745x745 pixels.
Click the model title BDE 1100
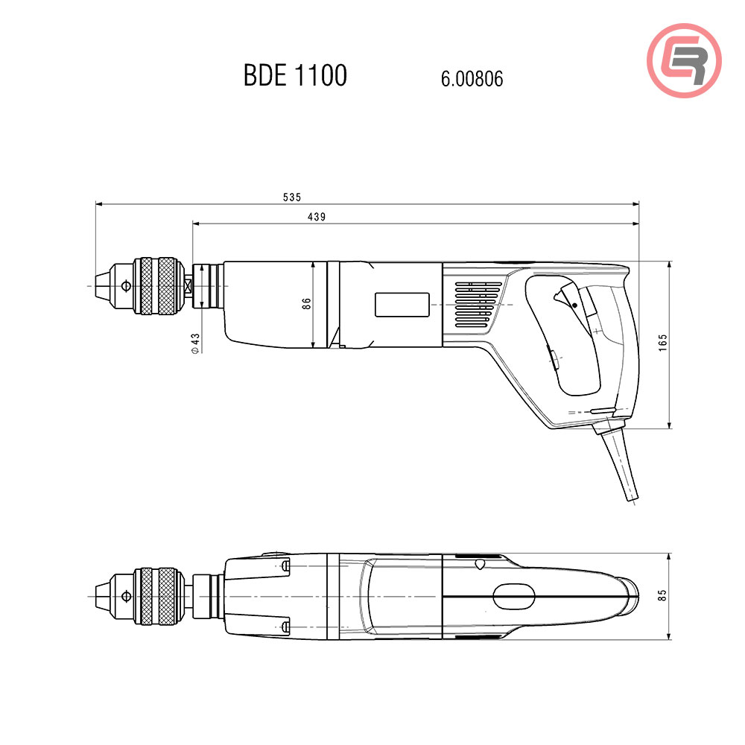295,76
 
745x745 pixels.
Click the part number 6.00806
472,79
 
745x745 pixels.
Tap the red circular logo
684,60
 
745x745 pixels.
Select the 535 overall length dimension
292,197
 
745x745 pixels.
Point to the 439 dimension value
317,217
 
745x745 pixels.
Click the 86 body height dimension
306,304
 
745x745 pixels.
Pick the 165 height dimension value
663,343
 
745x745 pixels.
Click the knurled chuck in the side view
158,285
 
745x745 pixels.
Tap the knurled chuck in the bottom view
158,596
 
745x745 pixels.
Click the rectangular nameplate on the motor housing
402,305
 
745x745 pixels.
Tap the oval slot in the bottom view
513,595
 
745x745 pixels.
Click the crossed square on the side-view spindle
188,285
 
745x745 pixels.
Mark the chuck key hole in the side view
127,285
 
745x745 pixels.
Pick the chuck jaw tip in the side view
101,285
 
